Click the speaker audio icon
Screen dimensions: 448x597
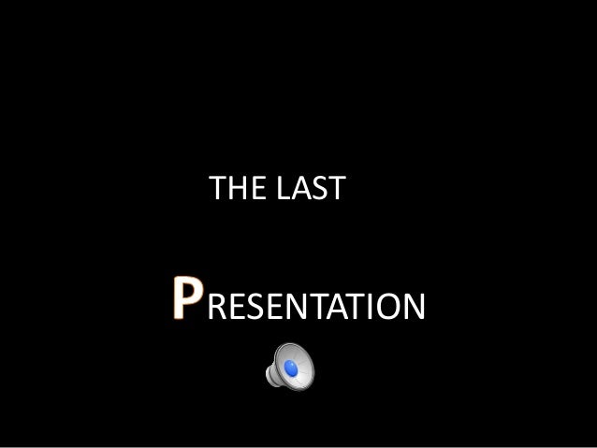click(290, 365)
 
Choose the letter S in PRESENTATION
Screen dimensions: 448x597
click(255, 306)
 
